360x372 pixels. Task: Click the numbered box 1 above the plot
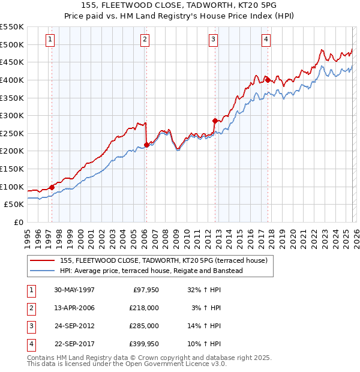click(x=49, y=40)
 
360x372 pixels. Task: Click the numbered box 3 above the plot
click(x=213, y=40)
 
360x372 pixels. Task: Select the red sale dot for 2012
click(x=215, y=121)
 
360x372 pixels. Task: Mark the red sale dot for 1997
click(x=52, y=187)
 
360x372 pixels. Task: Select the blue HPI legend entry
click(x=151, y=271)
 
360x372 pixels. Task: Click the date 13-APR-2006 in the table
click(x=74, y=308)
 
